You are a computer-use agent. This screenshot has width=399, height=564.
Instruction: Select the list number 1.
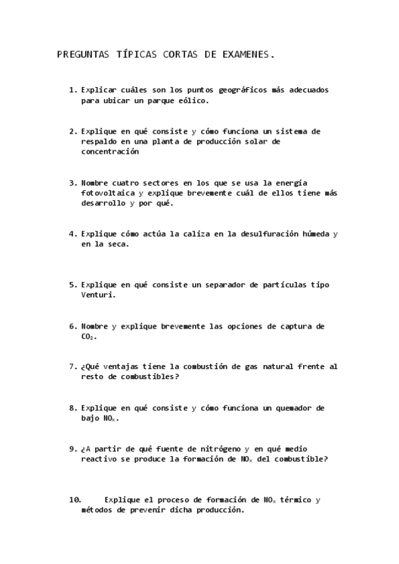tap(72, 90)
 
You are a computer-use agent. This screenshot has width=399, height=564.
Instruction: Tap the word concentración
tap(110, 152)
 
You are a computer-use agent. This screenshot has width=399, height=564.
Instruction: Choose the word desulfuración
tap(262, 234)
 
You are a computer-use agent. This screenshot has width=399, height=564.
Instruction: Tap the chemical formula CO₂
tap(88, 337)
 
